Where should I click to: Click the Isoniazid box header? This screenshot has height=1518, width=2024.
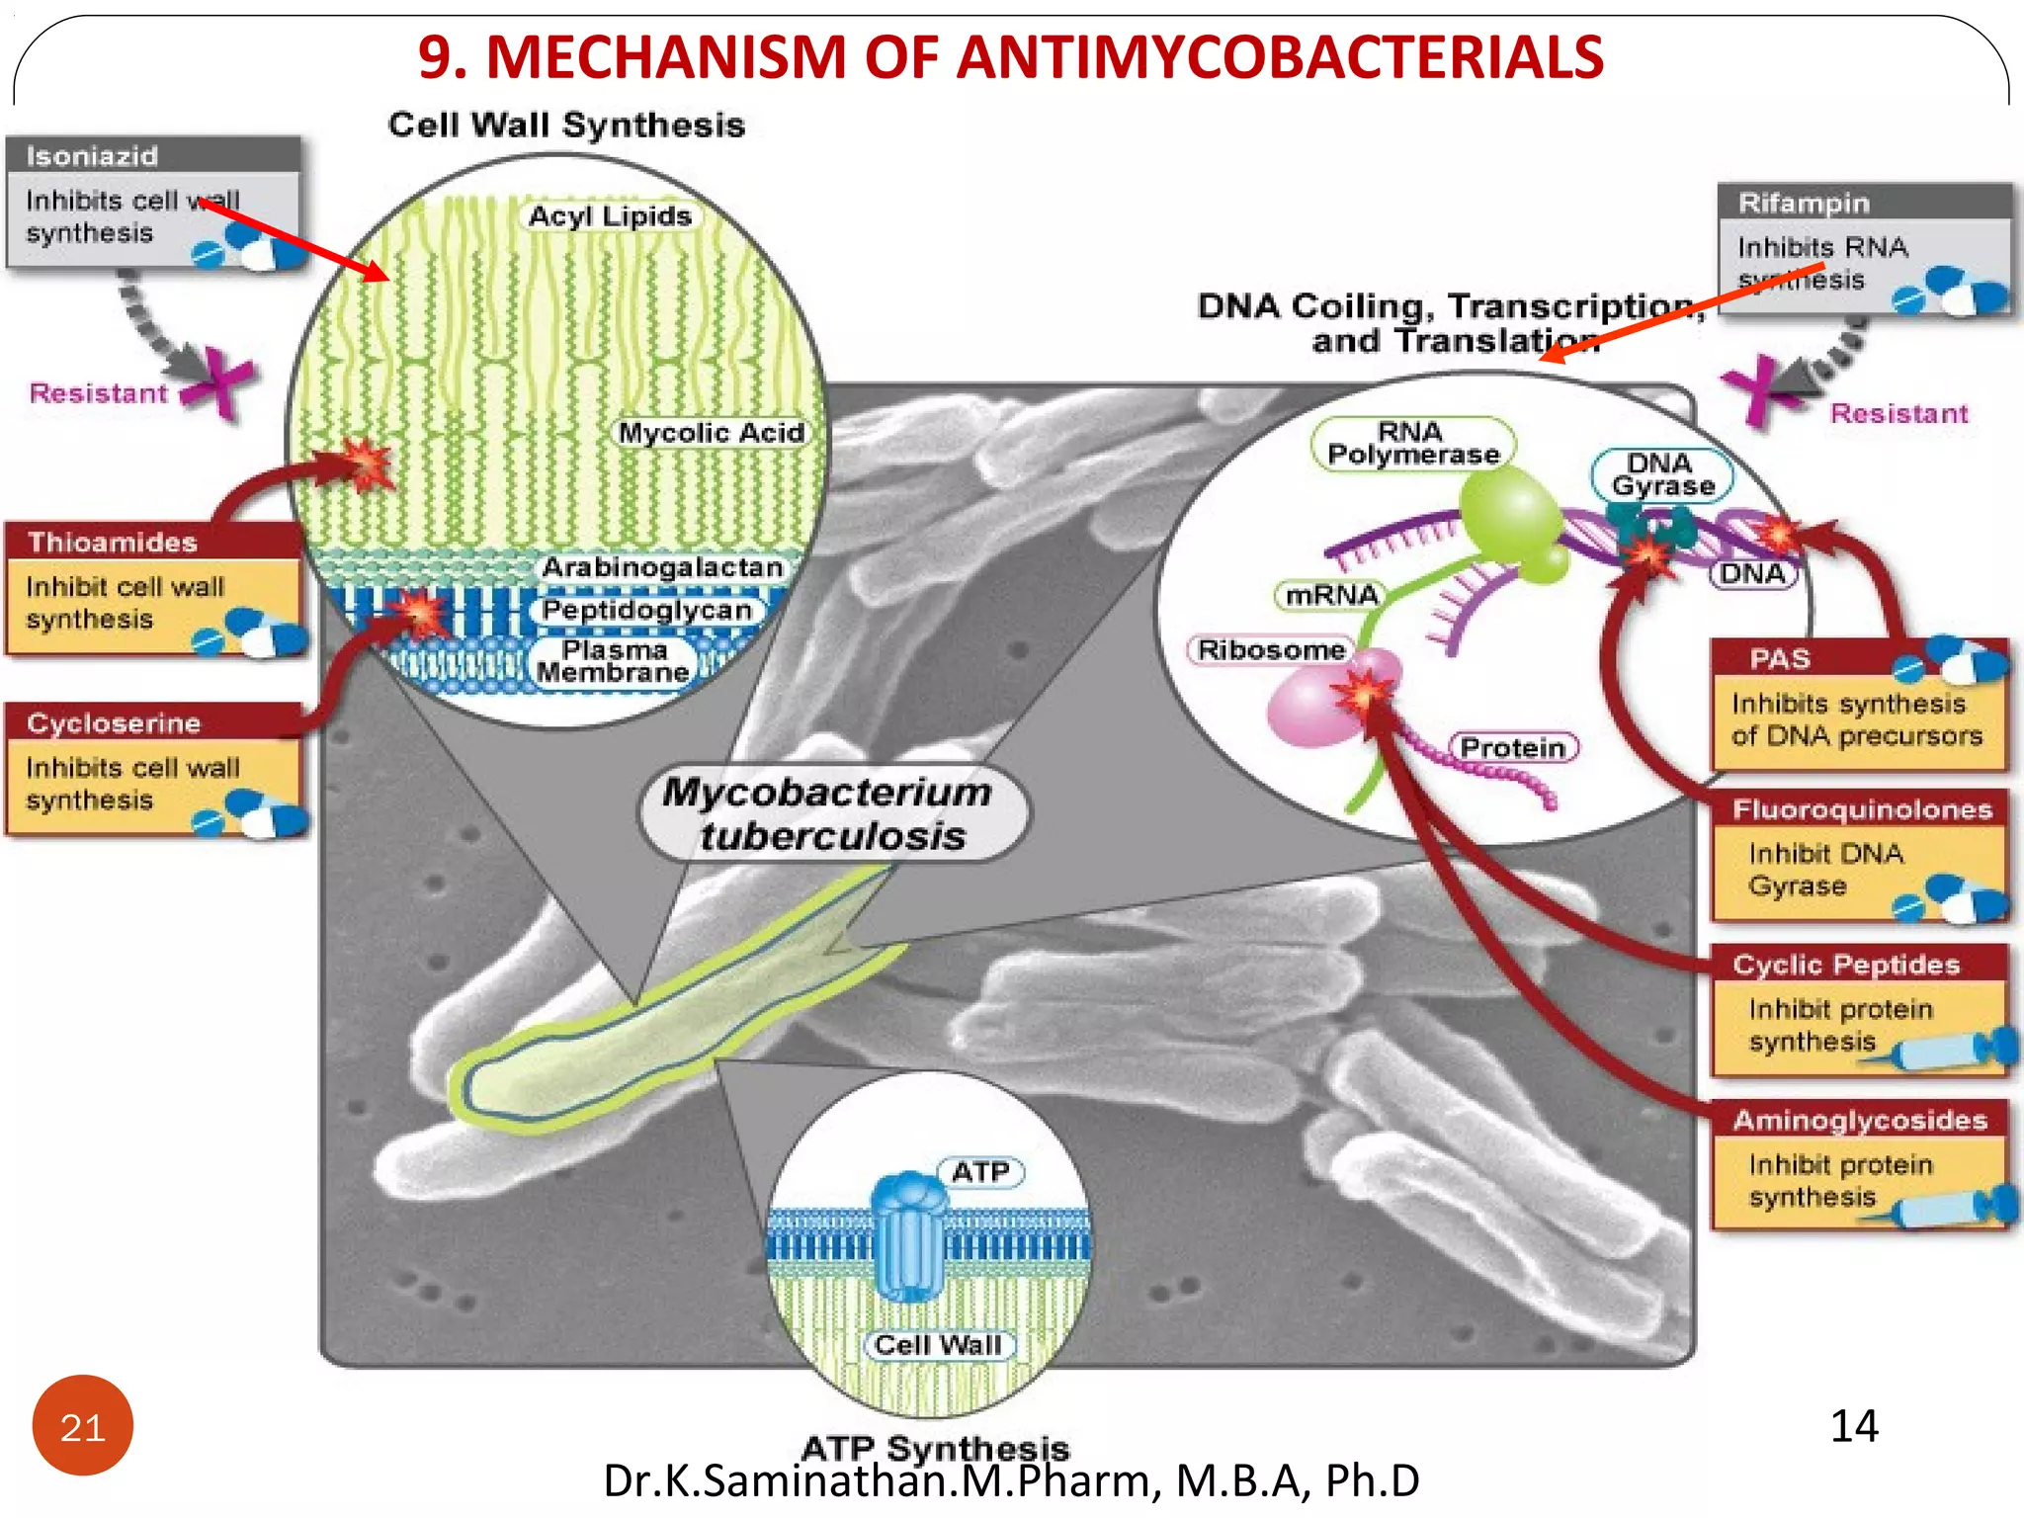click(92, 156)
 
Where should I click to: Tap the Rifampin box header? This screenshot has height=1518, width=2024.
click(1804, 203)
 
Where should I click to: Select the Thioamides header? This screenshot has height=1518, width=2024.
click(113, 542)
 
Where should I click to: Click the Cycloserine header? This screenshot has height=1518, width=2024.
click(114, 722)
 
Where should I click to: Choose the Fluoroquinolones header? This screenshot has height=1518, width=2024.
click(1862, 809)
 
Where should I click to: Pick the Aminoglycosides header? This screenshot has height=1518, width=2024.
click(1859, 1120)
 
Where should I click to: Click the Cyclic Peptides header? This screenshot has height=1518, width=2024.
click(1846, 965)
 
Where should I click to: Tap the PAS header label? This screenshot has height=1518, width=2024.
click(1779, 658)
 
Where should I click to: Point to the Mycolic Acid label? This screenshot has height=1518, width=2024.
click(711, 433)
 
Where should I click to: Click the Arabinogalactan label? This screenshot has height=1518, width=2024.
click(662, 567)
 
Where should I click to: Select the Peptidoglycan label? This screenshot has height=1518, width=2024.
click(647, 610)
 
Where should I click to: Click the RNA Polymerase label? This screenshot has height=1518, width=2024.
click(1412, 444)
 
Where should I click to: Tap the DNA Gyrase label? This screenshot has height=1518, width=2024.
click(1662, 475)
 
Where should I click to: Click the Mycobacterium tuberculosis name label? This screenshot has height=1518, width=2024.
click(828, 813)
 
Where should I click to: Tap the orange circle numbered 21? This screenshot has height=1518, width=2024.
click(83, 1426)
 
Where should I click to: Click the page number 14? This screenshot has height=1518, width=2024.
click(1853, 1426)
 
